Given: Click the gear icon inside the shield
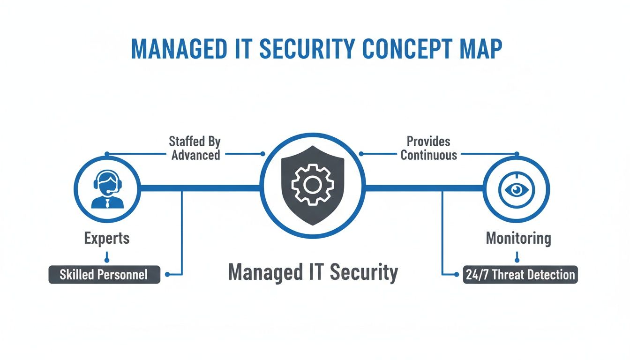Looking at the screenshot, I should point(313,185).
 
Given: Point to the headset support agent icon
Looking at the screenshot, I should point(107,189).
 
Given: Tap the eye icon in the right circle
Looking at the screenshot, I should point(517,189).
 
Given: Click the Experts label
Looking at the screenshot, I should point(107,238).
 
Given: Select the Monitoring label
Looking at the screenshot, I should point(518,238).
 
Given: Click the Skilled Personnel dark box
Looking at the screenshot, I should point(104,274).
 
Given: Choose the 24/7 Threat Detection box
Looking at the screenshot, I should point(520,274).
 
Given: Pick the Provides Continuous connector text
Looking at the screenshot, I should point(428,148).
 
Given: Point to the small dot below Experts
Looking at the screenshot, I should point(107,259).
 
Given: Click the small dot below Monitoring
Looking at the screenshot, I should point(517,259).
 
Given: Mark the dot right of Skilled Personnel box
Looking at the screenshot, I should point(167,275).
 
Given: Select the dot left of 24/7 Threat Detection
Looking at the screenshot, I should point(457,275).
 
